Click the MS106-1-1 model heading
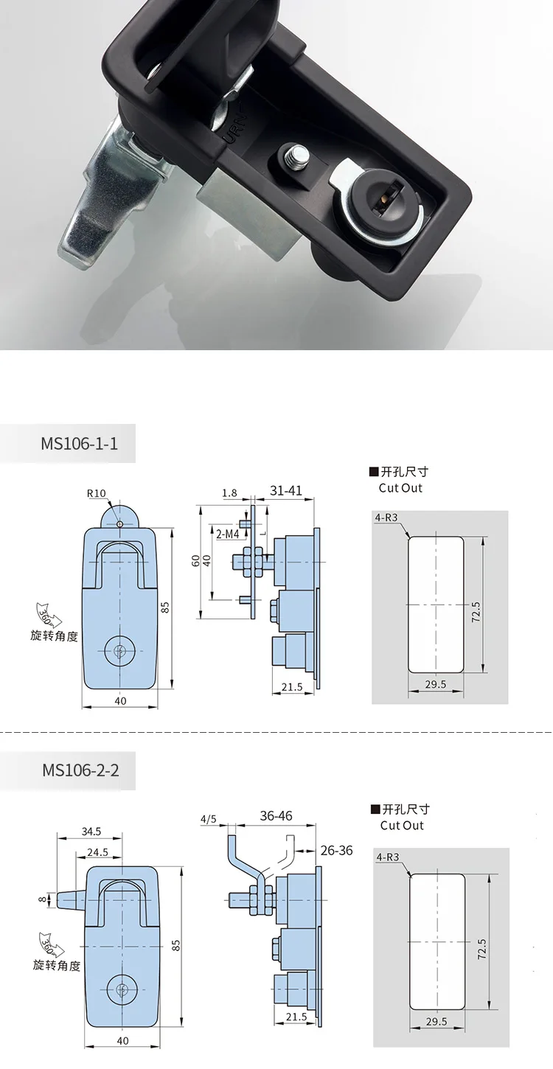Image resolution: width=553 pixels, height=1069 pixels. [x=79, y=443]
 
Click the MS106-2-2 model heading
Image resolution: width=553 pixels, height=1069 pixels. [x=80, y=770]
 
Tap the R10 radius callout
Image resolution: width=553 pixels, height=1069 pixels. [x=97, y=493]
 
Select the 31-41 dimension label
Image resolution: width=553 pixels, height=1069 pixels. [x=286, y=490]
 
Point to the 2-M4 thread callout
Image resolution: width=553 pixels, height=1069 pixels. [x=228, y=534]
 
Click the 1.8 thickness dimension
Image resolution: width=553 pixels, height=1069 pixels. [x=229, y=492]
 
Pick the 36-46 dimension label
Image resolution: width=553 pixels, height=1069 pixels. [x=276, y=815]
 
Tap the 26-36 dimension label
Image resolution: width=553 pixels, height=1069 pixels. [x=336, y=850]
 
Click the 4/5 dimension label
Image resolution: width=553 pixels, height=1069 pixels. [x=209, y=819]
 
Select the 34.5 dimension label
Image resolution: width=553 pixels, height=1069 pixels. [x=91, y=832]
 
